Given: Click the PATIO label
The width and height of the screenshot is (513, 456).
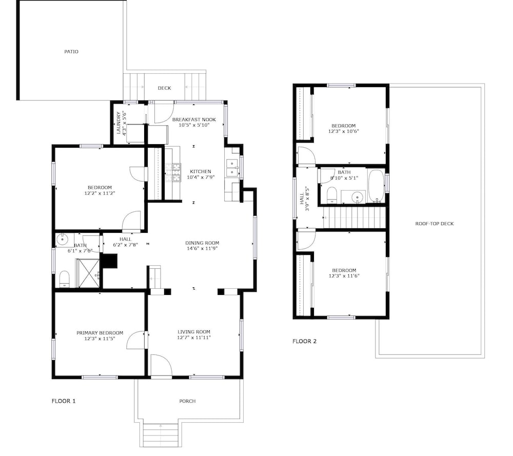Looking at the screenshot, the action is coord(71,51).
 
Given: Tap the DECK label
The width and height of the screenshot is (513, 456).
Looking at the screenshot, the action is coord(164,88).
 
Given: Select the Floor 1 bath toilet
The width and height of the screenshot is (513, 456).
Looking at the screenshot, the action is coord(65,279).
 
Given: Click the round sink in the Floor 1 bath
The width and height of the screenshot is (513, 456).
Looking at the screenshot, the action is coord(62,240).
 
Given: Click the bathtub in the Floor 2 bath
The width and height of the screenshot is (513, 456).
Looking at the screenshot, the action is coord(376,186).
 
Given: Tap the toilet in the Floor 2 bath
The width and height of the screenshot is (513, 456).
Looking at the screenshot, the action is coord(332,195).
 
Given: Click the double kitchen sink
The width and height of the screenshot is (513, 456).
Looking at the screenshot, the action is coord(232,168).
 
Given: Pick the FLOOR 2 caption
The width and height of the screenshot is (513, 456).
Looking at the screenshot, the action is coord(304,341).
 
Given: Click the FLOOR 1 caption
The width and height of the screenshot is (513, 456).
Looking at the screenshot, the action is coord(64,401).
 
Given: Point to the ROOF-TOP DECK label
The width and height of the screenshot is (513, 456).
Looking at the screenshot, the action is coord(435,224).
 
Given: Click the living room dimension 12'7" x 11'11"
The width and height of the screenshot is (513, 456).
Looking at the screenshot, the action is coord(194,338).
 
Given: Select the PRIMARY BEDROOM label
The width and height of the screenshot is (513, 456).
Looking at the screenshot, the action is coord(100,333).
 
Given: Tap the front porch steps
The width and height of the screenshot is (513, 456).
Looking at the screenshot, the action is coord(160,435).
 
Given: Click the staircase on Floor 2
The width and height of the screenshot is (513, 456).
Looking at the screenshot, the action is coord(354,217).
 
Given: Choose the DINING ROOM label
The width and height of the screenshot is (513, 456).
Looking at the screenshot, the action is coord(202,243).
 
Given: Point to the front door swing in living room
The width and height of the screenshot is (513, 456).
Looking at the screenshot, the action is coord(161,366).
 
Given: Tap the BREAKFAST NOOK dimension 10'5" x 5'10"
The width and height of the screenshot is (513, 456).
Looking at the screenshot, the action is coord(194,125).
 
